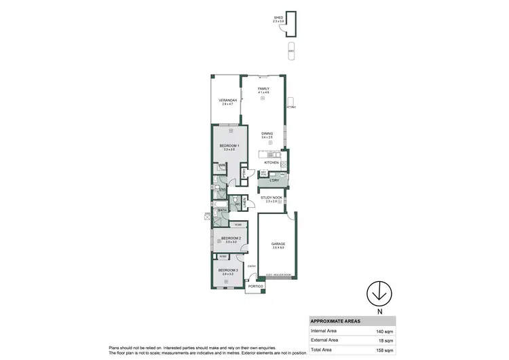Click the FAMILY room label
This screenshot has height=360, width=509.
(x=263, y=89)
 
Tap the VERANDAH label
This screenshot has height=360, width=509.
(x=226, y=101)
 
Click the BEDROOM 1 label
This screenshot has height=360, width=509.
(x=227, y=146)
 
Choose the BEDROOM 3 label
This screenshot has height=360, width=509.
(x=226, y=270)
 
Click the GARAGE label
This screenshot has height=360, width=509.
(x=278, y=243)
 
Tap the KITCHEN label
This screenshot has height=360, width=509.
(x=271, y=163)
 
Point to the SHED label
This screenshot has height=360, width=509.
(x=278, y=18)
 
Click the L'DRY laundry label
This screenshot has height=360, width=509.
(x=275, y=179)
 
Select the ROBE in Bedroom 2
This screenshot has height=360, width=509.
(x=238, y=224)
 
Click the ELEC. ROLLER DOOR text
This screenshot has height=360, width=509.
(x=278, y=275)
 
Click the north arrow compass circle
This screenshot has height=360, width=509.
(x=379, y=293)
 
